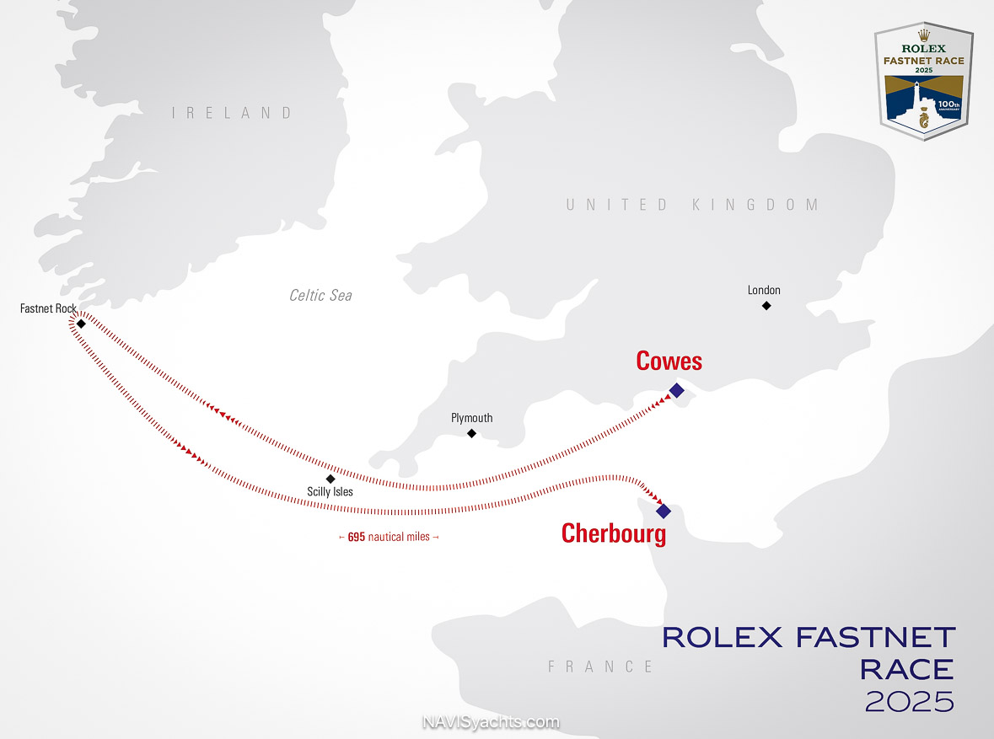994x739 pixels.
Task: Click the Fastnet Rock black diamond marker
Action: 81,324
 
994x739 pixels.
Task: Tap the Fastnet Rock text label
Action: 48,309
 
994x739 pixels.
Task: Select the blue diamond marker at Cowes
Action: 676,390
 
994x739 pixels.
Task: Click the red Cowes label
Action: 669,361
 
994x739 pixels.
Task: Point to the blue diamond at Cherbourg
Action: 664,511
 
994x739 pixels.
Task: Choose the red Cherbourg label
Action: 614,533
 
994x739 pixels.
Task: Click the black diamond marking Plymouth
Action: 472,433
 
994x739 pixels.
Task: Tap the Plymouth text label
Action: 472,418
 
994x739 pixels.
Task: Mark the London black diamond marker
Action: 766,305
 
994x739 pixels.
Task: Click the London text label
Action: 764,290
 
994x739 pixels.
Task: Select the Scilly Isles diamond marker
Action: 330,478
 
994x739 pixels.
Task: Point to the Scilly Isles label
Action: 330,491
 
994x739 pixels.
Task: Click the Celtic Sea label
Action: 320,296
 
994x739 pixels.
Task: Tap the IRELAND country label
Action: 233,113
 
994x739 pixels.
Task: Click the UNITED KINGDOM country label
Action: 692,205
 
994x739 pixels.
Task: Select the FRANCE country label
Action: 601,667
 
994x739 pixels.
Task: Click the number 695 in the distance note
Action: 356,537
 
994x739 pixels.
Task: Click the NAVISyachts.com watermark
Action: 490,722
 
